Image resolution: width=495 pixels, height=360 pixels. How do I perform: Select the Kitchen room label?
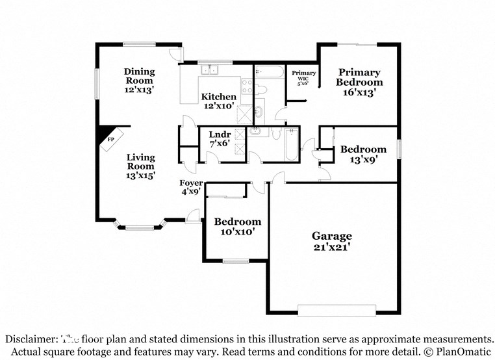[218, 101]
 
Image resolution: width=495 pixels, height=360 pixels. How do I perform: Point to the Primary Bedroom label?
[359, 83]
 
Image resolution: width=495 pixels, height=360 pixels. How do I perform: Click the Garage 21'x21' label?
[331, 241]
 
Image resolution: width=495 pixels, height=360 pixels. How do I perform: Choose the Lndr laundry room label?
[220, 140]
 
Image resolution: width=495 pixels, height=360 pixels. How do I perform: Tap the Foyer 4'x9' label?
[191, 187]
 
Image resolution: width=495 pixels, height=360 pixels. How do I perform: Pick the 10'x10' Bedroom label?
[238, 226]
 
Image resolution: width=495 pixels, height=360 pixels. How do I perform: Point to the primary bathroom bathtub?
[269, 71]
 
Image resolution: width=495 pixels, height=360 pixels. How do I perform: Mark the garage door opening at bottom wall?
[336, 311]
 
